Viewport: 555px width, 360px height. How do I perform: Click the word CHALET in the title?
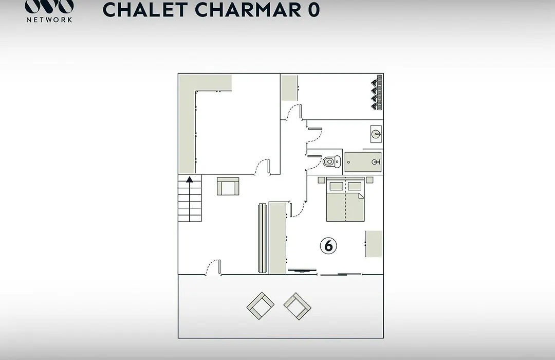(145, 10)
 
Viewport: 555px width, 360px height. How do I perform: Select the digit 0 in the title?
(313, 10)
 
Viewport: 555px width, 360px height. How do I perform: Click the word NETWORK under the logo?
(49, 20)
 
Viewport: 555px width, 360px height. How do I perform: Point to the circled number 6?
(328, 245)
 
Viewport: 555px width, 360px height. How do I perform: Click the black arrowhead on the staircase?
(190, 179)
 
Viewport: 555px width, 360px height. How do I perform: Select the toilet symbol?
(331, 161)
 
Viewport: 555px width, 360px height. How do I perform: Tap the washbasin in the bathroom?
(376, 134)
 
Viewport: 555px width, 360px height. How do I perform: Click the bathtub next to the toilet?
(363, 162)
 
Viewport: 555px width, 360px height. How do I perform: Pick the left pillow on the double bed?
(336, 186)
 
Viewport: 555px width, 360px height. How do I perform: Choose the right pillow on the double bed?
(354, 186)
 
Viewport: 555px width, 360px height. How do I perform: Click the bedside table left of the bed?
(321, 180)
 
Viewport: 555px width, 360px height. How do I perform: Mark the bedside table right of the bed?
(369, 180)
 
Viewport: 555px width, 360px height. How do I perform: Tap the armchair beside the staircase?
(228, 186)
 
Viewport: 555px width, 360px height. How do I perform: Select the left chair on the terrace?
(261, 306)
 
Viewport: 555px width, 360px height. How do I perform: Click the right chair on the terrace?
(298, 306)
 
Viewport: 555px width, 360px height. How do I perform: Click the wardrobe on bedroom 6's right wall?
(374, 244)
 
